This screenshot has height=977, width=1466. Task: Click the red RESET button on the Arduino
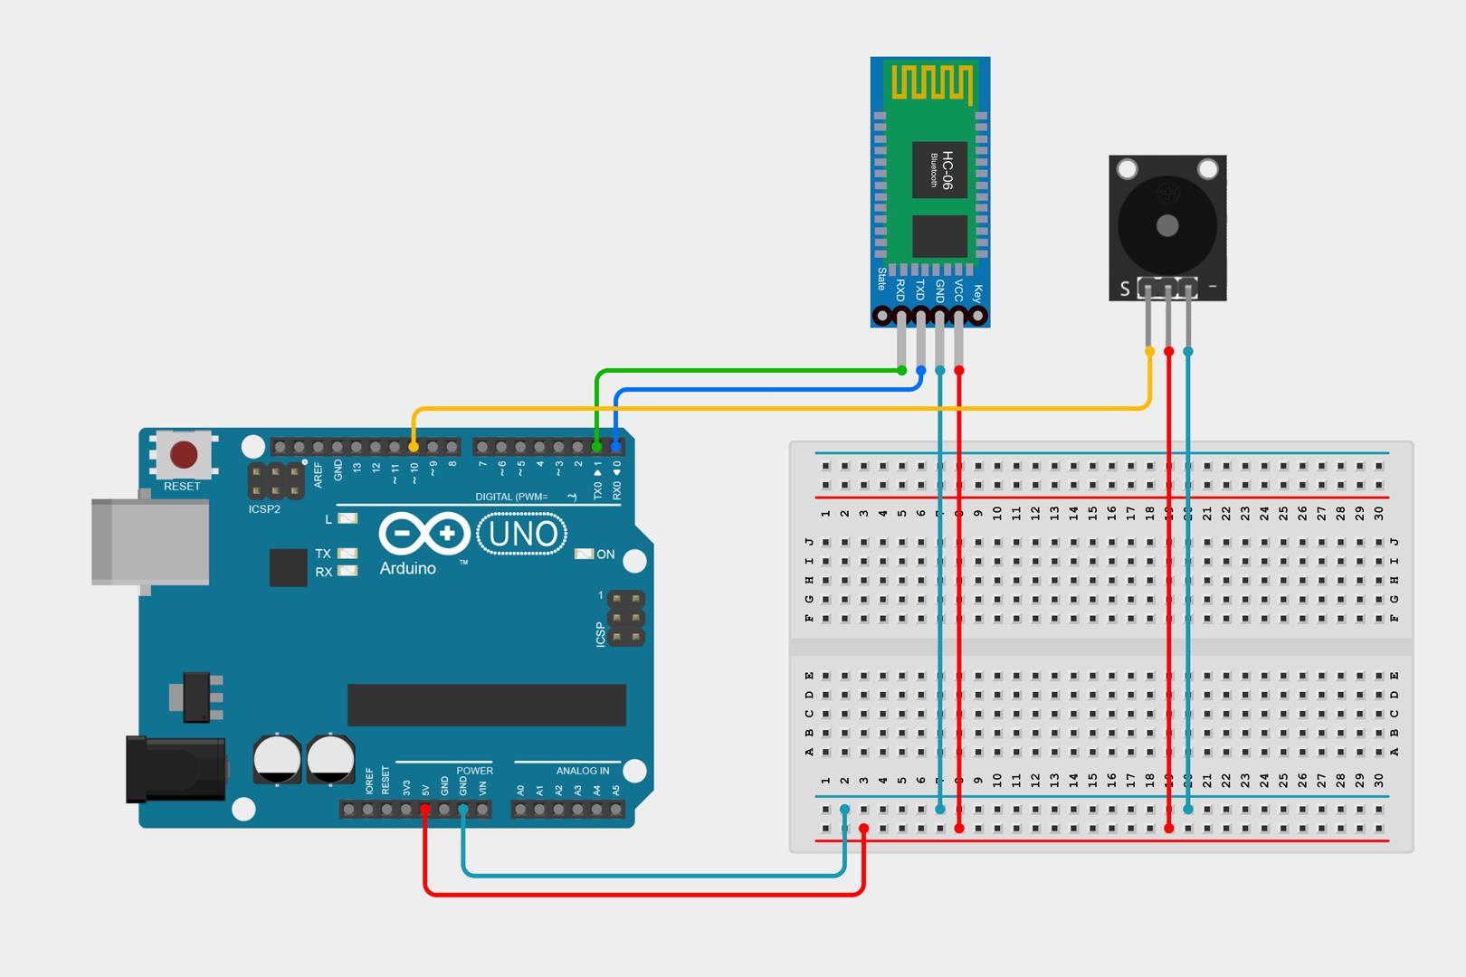pos(184,454)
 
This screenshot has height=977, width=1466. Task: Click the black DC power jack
pos(176,769)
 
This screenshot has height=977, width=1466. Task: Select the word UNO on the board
pos(522,535)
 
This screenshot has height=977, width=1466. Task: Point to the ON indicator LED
pos(585,554)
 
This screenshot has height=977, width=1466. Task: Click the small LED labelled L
pos(347,518)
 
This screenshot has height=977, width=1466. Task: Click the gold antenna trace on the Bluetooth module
pos(932,82)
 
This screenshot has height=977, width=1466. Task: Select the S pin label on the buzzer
pos(1125,289)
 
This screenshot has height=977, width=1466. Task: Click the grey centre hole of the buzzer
pos(1167,225)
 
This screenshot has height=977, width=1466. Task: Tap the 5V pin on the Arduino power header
pos(424,809)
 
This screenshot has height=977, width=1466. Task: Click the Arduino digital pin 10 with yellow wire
pos(414,447)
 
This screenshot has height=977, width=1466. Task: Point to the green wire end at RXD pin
pos(901,370)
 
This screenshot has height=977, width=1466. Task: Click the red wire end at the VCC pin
pos(959,370)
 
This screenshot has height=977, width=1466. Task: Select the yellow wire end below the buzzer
pos(1149,351)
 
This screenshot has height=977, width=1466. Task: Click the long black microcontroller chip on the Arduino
pos(486,705)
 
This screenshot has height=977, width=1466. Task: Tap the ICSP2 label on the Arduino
pos(264,509)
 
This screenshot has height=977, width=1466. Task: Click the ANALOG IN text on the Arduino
pos(582,771)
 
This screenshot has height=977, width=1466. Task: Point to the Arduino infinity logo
pos(424,534)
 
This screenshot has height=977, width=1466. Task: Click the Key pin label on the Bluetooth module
pos(977,293)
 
